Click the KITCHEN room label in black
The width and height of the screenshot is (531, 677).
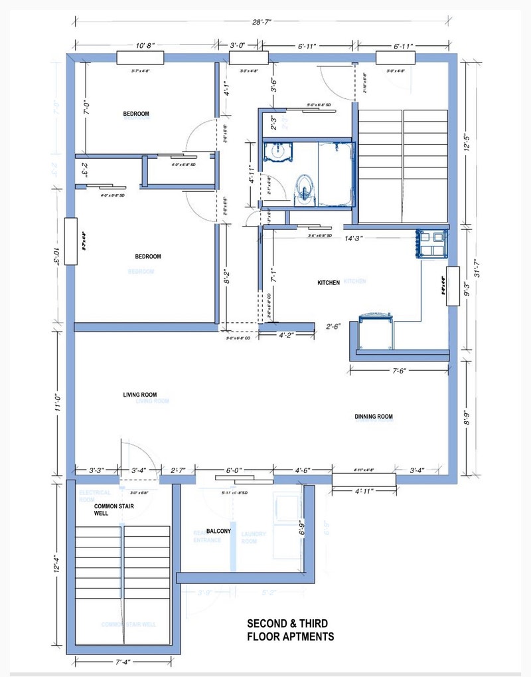pos(329,283)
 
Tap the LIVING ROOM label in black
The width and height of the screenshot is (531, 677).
pos(140,395)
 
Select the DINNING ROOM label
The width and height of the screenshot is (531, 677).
pos(374,417)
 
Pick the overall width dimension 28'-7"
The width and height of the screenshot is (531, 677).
pos(262,22)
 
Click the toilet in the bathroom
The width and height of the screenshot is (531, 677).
pos(303,187)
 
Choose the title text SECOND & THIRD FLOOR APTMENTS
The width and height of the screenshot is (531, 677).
pos(291,630)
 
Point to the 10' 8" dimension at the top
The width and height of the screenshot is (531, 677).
pos(144,46)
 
